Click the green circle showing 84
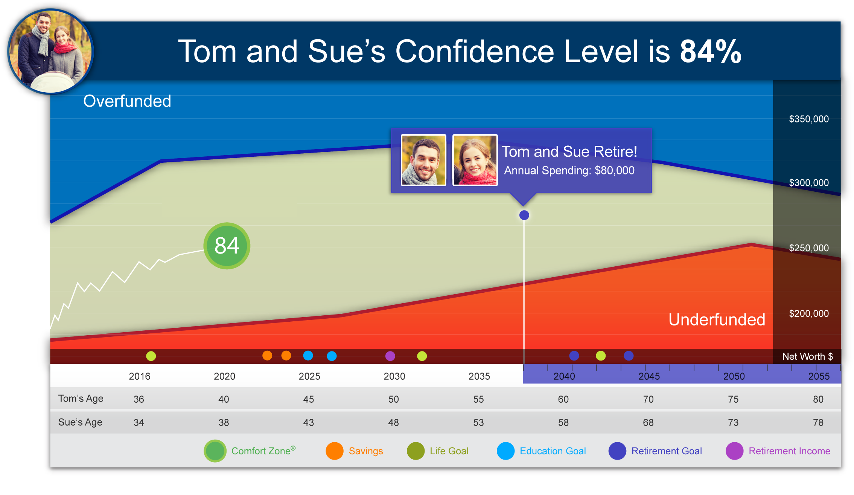click(227, 246)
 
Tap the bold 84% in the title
click(711, 52)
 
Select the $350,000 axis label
click(808, 119)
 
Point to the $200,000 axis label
click(808, 313)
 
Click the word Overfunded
click(127, 101)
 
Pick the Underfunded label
click(717, 319)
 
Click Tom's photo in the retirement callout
click(423, 160)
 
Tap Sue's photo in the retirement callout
click(475, 160)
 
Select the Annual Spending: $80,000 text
click(569, 171)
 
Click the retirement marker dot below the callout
click(524, 215)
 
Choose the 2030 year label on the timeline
click(394, 376)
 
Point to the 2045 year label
click(649, 376)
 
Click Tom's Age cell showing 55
click(478, 399)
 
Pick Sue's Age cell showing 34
click(139, 423)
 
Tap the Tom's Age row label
click(81, 399)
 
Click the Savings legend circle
click(334, 451)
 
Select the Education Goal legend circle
click(505, 451)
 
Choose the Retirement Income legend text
click(789, 451)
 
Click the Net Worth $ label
click(807, 356)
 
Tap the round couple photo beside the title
click(50, 51)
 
